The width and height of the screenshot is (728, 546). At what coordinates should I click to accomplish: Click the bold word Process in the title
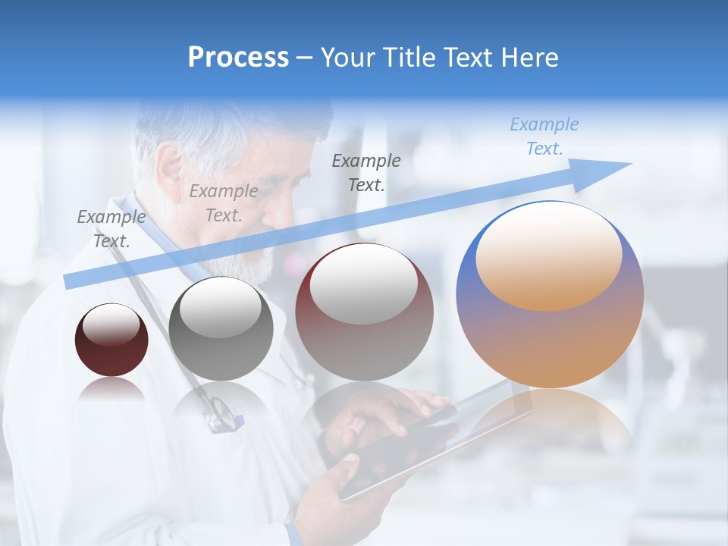[238, 57]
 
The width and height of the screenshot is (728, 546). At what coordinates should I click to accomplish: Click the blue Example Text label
[544, 136]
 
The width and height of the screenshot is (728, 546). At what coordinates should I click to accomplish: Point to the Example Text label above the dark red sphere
[111, 229]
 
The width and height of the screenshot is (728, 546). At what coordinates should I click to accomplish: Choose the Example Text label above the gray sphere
[223, 203]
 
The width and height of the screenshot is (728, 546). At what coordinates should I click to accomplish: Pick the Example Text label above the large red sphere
[366, 172]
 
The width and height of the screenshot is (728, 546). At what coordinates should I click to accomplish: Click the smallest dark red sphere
[111, 340]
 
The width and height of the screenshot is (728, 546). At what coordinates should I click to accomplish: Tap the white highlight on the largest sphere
[548, 254]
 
